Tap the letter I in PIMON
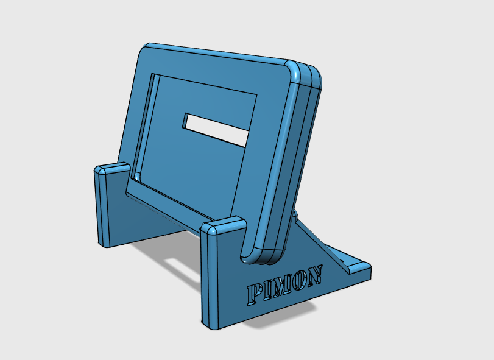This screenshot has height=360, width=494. point(268,291)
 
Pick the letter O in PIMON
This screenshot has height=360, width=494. point(300,280)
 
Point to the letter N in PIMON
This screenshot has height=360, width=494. point(314,274)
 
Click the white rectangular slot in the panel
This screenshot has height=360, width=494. point(216,130)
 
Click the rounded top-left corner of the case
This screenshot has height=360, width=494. point(146,49)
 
